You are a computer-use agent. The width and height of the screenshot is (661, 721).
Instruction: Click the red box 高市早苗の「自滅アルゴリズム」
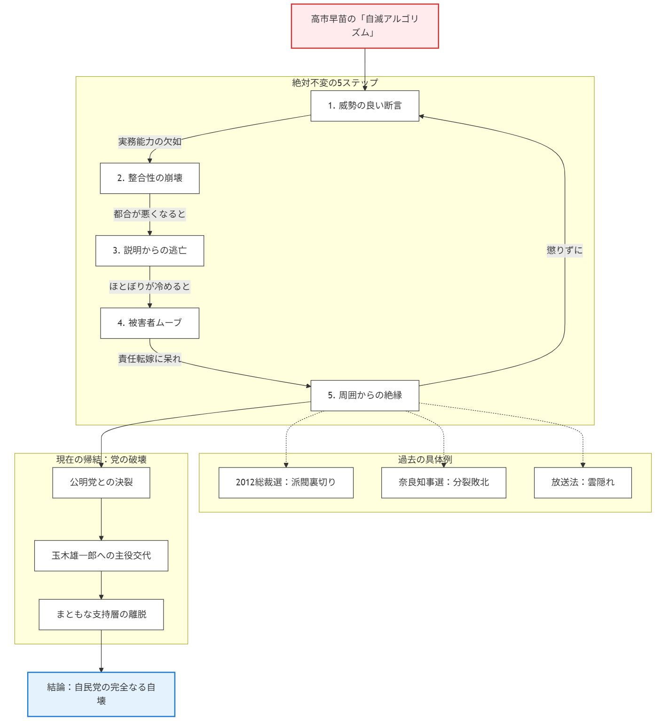point(364,26)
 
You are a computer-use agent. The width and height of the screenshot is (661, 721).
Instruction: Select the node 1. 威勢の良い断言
point(364,106)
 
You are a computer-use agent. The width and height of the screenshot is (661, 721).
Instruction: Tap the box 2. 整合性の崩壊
point(150,178)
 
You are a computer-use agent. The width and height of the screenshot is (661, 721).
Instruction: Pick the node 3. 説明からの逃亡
point(150,251)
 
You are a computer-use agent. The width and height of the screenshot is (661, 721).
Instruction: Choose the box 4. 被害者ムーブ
point(150,323)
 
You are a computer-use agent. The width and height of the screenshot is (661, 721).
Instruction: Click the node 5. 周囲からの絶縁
point(364,396)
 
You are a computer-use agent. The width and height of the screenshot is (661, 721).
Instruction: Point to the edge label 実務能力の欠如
point(150,142)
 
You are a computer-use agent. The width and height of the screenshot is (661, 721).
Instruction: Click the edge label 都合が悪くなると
point(150,214)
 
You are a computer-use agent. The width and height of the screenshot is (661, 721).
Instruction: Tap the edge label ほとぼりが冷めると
point(150,286)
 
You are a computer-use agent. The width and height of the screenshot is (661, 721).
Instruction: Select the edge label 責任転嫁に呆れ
point(150,359)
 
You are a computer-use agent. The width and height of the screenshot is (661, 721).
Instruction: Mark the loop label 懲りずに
point(564,250)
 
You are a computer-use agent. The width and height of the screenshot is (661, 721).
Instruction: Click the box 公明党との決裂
point(101,483)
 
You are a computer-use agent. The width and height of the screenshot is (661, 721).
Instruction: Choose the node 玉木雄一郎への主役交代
point(101,555)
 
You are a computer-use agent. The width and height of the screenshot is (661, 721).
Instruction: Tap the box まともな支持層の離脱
point(101,614)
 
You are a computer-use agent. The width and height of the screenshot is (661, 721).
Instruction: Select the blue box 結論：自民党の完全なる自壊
point(101,694)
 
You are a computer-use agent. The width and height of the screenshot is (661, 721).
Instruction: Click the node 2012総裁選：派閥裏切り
point(286,483)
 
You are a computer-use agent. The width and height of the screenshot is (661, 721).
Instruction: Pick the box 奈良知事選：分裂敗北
point(443,483)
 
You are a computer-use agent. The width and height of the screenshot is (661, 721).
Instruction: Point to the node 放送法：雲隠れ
point(582,483)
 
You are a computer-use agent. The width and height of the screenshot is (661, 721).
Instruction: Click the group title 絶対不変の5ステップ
point(335,83)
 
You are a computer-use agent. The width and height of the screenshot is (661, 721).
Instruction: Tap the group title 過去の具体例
point(425,460)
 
